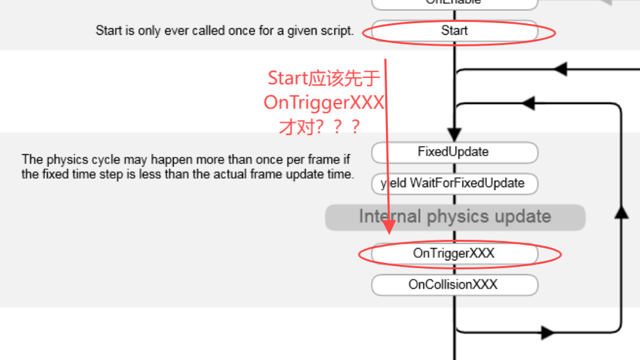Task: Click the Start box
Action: (x=454, y=30)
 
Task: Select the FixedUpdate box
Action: (x=454, y=152)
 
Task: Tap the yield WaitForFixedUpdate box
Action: (x=454, y=183)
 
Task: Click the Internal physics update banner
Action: (x=455, y=217)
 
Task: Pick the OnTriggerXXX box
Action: (x=454, y=254)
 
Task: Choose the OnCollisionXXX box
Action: (x=454, y=285)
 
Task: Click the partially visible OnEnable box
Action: (x=454, y=3)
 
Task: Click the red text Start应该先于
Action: (x=324, y=78)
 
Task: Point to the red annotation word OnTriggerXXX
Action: (x=324, y=103)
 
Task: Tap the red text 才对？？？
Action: (x=320, y=127)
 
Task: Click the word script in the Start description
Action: (x=336, y=30)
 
